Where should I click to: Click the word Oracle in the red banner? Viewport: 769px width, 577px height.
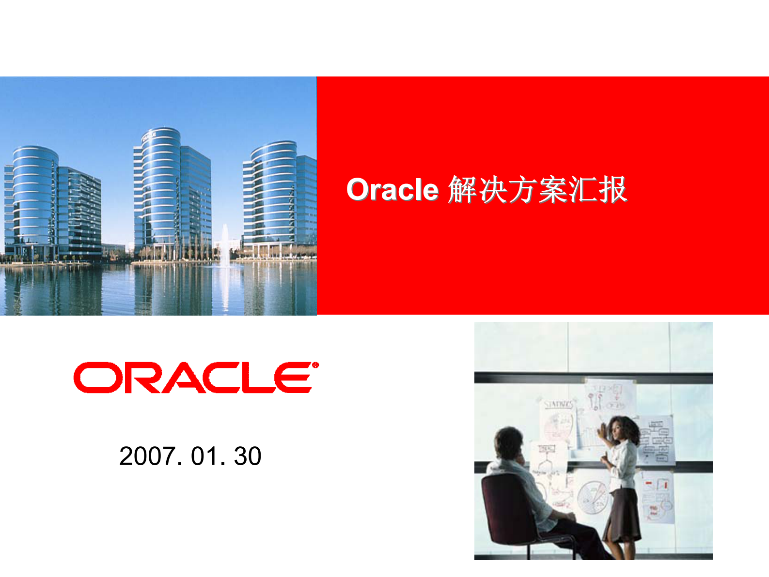(392, 189)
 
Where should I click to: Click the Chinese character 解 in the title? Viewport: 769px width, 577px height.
(462, 189)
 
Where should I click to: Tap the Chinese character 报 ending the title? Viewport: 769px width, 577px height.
(613, 189)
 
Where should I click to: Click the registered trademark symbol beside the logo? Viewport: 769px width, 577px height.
(315, 365)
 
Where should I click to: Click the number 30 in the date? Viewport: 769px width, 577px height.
(248, 456)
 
